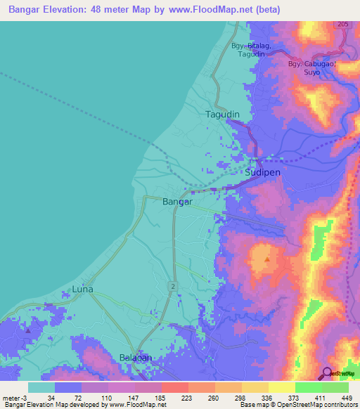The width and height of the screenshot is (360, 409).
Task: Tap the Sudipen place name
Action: [263, 172]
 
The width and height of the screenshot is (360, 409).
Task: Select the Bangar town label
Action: [177, 202]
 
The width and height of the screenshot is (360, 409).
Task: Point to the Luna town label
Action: [83, 289]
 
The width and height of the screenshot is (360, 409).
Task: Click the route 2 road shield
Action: [172, 285]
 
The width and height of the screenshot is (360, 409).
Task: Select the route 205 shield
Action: [342, 25]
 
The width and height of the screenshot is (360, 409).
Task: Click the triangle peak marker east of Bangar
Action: [266, 260]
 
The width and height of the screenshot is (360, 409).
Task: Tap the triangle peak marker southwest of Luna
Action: [27, 330]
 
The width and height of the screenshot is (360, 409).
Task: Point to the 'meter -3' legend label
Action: [15, 398]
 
